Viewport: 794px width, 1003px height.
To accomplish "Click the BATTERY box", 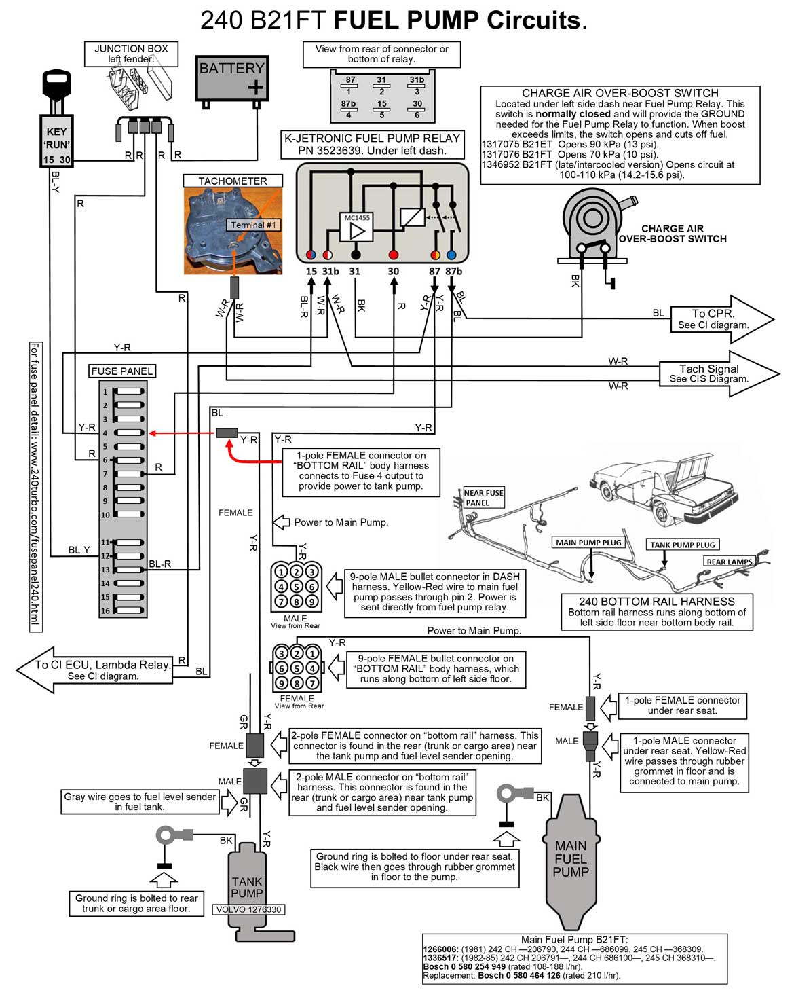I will click(x=232, y=78).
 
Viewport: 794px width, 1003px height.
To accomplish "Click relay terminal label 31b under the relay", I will click(x=330, y=271).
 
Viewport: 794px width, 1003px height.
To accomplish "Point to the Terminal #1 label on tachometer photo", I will click(x=253, y=225).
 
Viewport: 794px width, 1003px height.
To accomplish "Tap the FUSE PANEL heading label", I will click(x=122, y=371).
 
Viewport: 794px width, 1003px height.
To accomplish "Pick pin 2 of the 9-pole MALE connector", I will click(x=297, y=572).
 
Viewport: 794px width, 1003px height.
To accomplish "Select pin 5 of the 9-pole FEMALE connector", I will click(x=297, y=668).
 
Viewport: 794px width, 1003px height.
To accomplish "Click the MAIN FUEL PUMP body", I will click(x=571, y=859).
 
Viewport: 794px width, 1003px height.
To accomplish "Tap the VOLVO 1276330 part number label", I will click(x=248, y=909).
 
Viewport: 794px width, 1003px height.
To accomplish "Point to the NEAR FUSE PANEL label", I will click(x=483, y=498).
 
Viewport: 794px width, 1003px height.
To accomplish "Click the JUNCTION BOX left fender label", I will click(x=131, y=54).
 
